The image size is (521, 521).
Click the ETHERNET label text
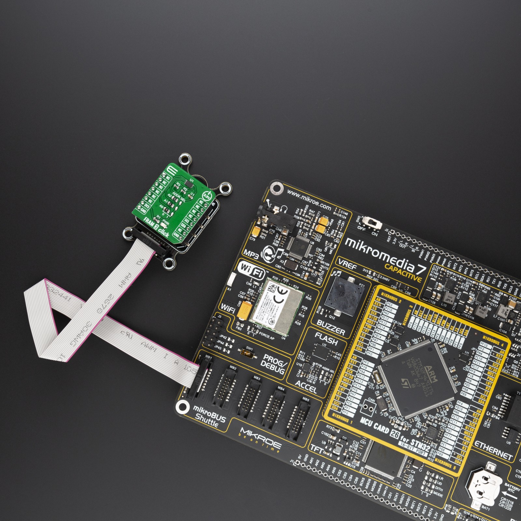493,451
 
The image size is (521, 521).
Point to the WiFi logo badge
251,270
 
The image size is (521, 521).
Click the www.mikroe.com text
309,200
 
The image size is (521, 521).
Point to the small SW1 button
247,352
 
